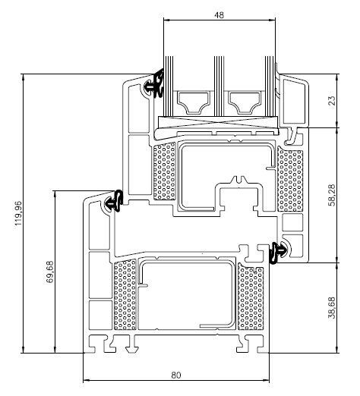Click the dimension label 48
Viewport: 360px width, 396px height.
point(219,15)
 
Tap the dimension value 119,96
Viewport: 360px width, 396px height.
point(18,213)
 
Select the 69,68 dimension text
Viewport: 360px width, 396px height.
point(50,272)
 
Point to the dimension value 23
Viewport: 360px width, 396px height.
point(332,100)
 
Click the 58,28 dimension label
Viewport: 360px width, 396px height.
point(332,195)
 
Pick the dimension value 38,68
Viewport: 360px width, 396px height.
point(332,307)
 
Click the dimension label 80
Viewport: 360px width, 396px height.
point(176,375)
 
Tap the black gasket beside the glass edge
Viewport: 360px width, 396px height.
point(157,83)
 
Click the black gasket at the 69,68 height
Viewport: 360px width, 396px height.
point(115,201)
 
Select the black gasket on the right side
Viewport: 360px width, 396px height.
point(279,253)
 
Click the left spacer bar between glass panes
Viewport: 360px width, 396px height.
point(194,102)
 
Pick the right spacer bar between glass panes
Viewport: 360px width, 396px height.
point(245,102)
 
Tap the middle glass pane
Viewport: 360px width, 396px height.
point(219,86)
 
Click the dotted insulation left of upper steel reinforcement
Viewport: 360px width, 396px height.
point(164,171)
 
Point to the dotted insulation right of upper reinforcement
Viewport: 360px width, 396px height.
point(290,179)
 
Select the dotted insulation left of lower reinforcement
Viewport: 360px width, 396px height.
point(125,294)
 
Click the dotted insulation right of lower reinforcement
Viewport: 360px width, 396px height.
point(251,297)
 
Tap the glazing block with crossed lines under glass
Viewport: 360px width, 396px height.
point(218,123)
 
